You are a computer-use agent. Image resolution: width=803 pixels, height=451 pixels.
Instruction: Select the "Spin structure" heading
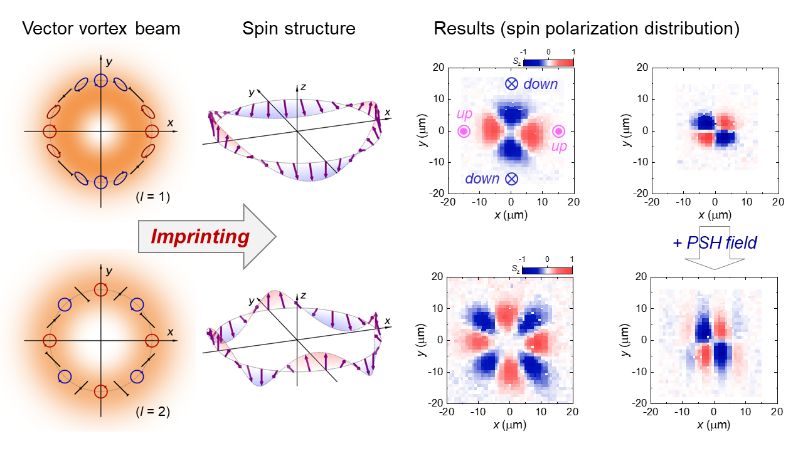(x=299, y=29)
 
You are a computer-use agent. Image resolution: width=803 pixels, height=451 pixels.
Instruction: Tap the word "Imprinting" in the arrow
(x=199, y=237)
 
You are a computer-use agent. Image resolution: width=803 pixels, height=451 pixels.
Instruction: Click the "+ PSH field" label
(x=715, y=242)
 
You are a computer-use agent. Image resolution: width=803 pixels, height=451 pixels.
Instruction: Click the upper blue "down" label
(x=540, y=84)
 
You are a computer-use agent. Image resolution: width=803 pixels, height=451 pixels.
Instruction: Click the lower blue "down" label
(x=482, y=179)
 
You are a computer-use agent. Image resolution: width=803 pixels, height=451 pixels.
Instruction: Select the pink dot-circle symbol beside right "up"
(x=558, y=131)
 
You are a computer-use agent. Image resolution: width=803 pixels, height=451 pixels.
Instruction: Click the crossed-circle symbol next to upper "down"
(x=512, y=84)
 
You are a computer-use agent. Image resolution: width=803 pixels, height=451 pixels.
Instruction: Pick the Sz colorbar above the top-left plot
(x=548, y=62)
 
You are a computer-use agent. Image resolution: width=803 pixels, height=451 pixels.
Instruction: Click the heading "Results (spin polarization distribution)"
(x=587, y=29)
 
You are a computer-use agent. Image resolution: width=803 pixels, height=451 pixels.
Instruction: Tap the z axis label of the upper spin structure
(x=302, y=87)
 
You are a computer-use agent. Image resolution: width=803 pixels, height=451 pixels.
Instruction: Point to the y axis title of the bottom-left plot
(x=420, y=340)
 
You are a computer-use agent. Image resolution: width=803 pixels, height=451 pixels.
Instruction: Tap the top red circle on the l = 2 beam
(x=100, y=289)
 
